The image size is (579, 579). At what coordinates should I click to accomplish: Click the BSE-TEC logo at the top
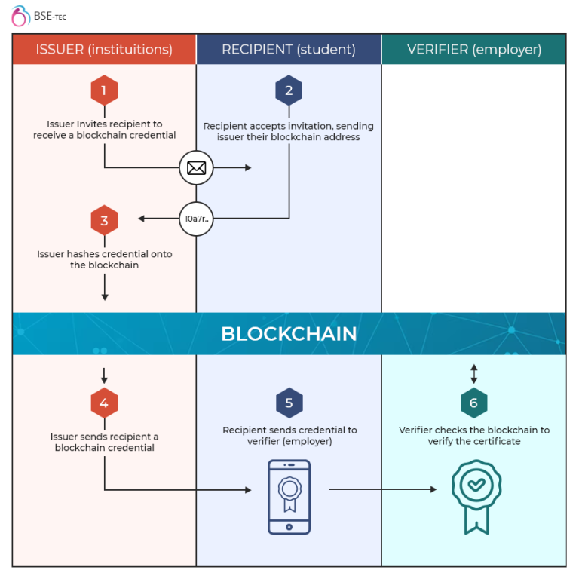(38, 15)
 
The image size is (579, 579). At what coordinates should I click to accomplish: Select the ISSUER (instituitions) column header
(104, 50)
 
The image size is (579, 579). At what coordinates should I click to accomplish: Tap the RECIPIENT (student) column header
(289, 50)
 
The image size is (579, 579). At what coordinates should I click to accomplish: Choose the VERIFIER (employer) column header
(474, 50)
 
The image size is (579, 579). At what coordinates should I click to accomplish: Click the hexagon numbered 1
(104, 91)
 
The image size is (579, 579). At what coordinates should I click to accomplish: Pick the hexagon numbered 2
(289, 91)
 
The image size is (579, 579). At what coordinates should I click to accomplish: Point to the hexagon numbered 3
(104, 220)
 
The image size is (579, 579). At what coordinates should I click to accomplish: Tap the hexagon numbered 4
(104, 403)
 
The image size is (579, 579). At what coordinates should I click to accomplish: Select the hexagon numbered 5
(289, 403)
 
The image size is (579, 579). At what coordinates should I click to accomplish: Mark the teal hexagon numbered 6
(474, 403)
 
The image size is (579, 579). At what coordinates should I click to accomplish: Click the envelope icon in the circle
(196, 167)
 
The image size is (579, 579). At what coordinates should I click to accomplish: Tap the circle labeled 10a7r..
(196, 219)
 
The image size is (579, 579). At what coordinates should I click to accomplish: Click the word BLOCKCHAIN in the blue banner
(289, 334)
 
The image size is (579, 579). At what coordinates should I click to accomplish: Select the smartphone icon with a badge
(289, 497)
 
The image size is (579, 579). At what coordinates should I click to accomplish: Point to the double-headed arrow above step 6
(474, 374)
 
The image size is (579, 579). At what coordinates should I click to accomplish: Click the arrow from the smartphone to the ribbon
(382, 489)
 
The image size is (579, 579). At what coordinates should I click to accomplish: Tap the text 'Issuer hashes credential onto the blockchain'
(104, 259)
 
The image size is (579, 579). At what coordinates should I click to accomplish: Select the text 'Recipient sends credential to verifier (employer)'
(289, 436)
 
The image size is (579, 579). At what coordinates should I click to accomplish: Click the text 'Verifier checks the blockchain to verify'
(474, 436)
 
